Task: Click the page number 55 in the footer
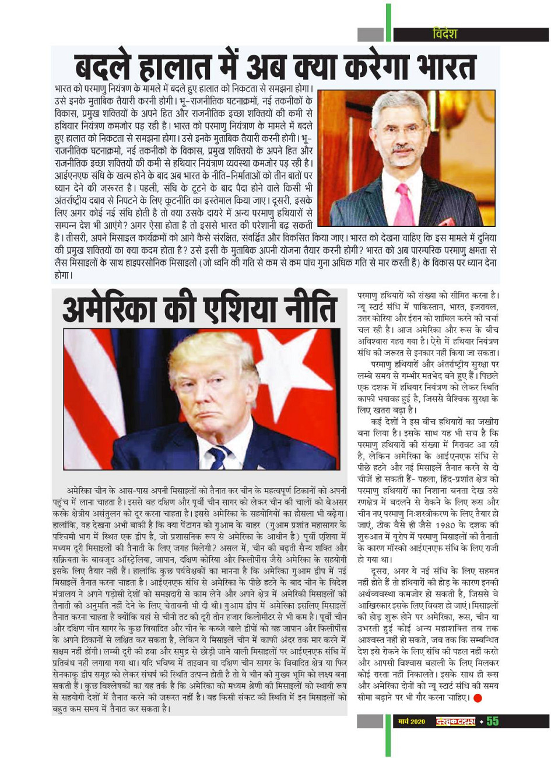[x=493, y=721]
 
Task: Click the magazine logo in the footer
[x=456, y=722]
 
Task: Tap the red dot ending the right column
[x=477, y=698]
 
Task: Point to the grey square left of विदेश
[x=370, y=34]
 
